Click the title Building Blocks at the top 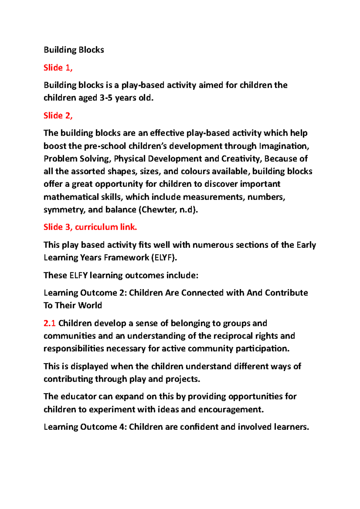point(74,50)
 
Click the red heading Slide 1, point(58,68)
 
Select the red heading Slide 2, point(58,115)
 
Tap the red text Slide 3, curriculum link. point(90,227)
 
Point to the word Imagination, point(284,146)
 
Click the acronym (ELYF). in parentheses point(164,258)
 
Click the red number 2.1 point(49,323)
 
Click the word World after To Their point(90,305)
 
